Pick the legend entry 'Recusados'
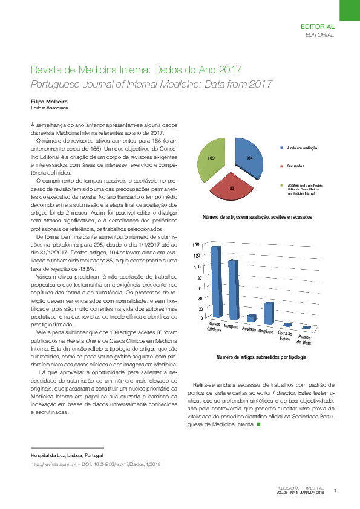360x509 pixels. [295, 166]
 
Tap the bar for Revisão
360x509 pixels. [250, 317]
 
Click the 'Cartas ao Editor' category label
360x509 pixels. [285, 336]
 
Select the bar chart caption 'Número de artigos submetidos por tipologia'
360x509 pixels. [261, 358]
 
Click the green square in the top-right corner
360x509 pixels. [349, 10]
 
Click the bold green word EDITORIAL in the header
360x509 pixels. [317, 27]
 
